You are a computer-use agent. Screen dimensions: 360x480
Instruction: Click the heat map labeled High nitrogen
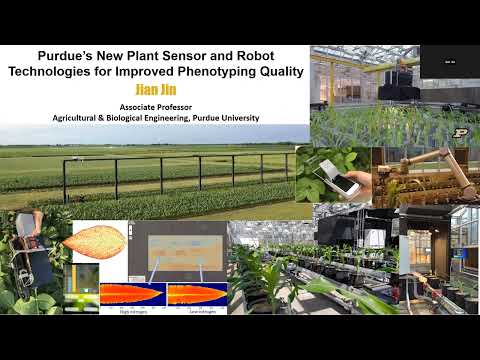131,295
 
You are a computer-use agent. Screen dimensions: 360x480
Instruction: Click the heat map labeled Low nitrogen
195,295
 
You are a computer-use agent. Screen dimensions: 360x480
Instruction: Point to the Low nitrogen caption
194,311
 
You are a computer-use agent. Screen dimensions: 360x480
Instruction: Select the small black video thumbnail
449,61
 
